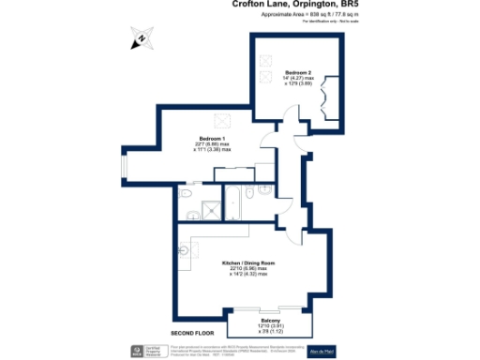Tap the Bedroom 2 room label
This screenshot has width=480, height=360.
[x=299, y=72]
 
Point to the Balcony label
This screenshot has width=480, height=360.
[x=270, y=320]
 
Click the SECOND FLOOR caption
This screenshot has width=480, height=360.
[x=192, y=333]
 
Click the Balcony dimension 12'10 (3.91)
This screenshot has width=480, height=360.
[x=270, y=325]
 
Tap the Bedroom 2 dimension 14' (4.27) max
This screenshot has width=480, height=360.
[x=299, y=78]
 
